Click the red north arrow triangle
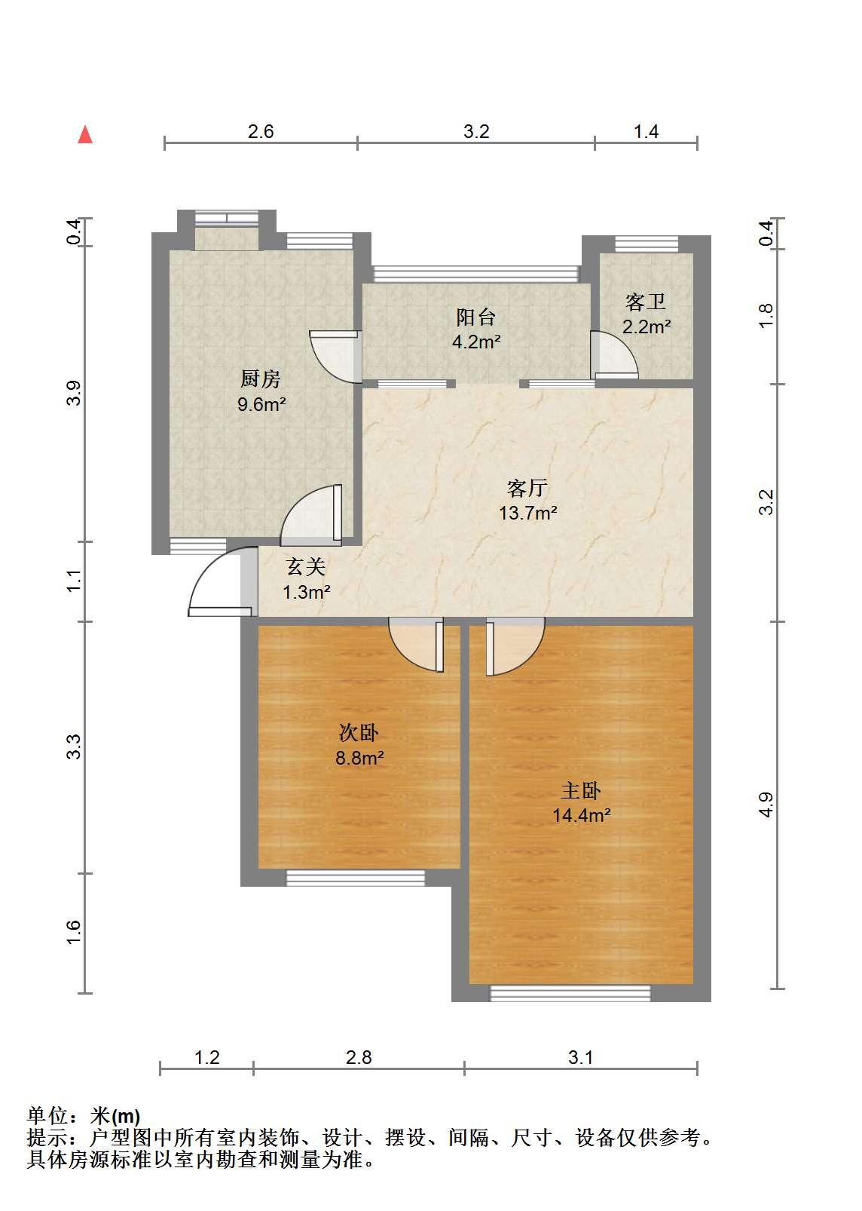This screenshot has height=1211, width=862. point(85,135)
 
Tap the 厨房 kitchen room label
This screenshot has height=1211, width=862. point(261,379)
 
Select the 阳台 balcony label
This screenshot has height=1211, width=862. point(475,317)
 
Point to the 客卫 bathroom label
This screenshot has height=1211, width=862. point(646,302)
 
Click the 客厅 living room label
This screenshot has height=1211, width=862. point(527,488)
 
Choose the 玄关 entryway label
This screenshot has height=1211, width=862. point(306,567)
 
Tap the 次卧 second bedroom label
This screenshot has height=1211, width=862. point(359,732)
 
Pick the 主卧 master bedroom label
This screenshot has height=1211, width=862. point(581,791)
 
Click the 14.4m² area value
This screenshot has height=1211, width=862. point(582,815)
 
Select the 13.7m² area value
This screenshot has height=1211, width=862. point(527,513)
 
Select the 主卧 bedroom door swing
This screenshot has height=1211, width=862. point(515,646)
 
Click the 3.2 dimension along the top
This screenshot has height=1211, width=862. point(476,131)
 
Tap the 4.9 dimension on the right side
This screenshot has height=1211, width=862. point(766,805)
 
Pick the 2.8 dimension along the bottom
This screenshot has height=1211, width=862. point(359,1057)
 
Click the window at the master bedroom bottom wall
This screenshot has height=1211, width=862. point(570,993)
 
